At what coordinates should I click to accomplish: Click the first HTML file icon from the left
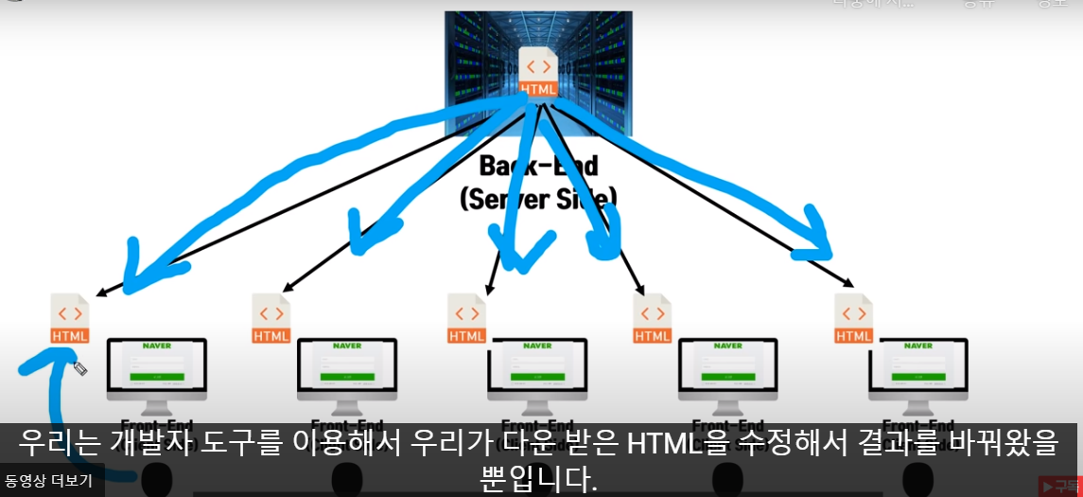point(70,318)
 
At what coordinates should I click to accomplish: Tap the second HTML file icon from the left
point(271,318)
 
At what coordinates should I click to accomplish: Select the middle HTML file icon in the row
point(467,318)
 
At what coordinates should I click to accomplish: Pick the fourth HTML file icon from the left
point(653,318)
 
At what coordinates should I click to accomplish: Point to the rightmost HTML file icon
point(854,318)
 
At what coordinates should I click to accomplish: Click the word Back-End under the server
point(538,166)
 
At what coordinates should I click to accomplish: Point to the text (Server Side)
point(538,198)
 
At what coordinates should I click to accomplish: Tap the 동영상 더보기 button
point(48,481)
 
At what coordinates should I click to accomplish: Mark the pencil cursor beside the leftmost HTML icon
point(80,368)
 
